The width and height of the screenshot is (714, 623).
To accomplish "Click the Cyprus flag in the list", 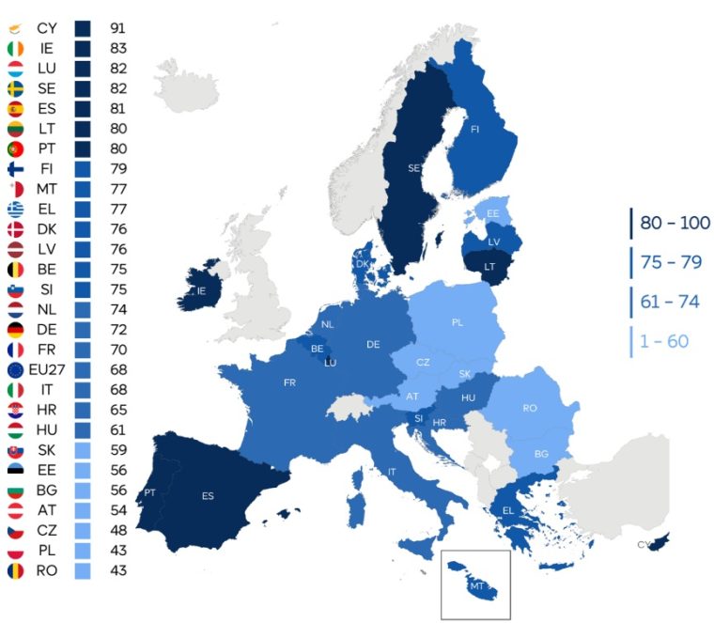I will (15, 28).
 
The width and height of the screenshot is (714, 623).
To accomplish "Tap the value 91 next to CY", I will (118, 28).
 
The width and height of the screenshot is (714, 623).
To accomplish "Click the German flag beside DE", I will (15, 329).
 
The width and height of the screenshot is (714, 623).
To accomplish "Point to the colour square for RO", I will (83, 570).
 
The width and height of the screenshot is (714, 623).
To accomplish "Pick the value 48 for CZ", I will (118, 530).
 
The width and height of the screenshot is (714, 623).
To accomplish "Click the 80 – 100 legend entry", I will (675, 224).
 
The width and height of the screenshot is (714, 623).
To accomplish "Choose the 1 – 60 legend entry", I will (664, 340).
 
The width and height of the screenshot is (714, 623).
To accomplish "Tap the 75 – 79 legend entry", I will (671, 262).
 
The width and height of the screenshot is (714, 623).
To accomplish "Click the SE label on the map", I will (414, 169).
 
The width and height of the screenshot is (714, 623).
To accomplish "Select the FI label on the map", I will (476, 131).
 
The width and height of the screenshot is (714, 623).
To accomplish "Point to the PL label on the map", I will (458, 322).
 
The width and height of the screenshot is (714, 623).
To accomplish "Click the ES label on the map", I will (208, 496).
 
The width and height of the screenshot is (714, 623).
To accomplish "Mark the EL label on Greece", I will (508, 511).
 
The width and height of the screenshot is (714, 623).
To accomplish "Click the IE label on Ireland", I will (200, 291).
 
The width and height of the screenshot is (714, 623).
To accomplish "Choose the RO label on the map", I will (530, 409).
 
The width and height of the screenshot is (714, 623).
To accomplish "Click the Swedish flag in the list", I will (15, 88).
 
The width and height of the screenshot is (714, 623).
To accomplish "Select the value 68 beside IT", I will (118, 389).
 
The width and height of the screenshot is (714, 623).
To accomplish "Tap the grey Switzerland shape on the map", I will (350, 406).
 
